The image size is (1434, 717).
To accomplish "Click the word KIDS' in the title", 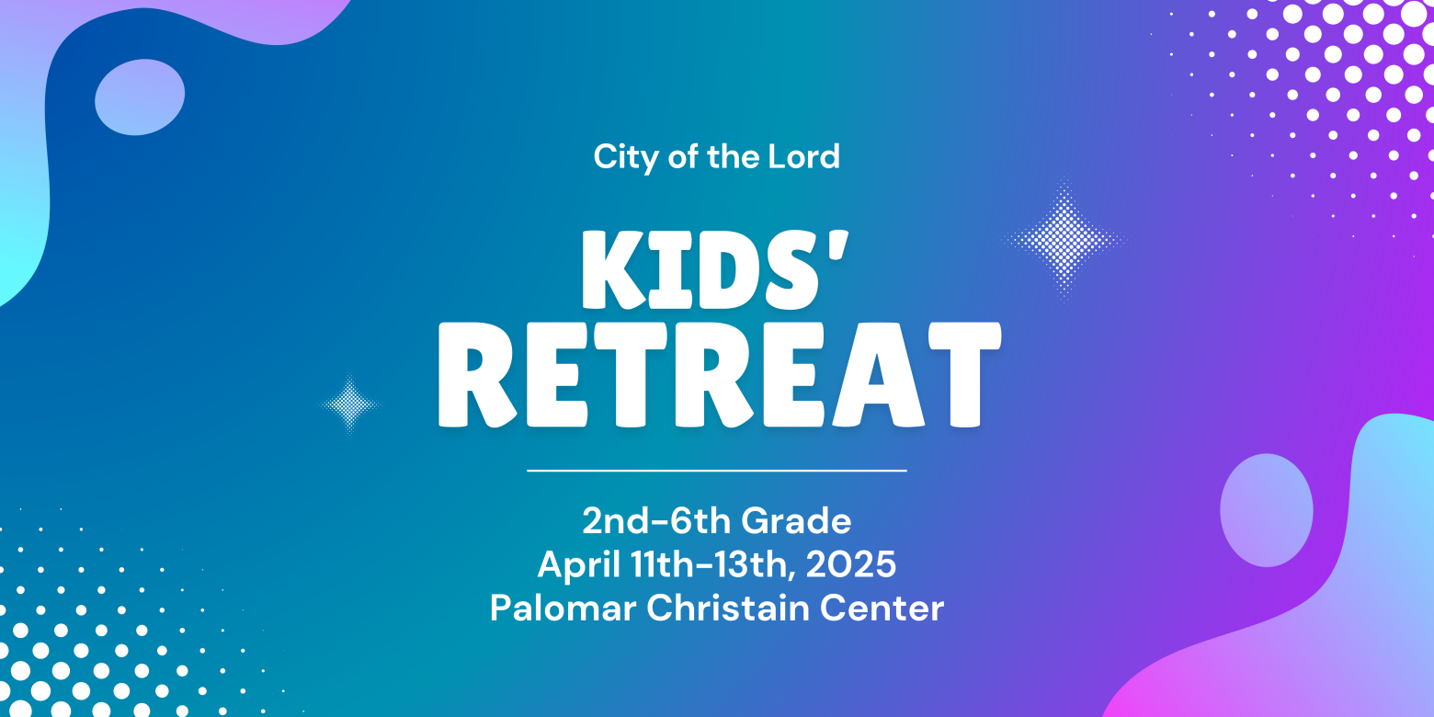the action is coord(715,270).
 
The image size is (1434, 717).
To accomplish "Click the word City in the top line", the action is coord(626,157).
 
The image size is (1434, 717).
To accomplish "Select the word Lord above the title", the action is coord(803,156).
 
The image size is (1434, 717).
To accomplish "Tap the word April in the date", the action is coord(579,564).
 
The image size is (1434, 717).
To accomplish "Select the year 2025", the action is coord(851,564).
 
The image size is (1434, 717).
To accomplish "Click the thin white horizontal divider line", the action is coord(717,471).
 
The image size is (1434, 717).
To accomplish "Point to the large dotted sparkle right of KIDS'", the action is coord(1064,241).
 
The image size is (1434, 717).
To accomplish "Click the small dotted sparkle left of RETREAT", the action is coord(349,404).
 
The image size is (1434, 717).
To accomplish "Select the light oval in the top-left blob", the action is coord(140,97).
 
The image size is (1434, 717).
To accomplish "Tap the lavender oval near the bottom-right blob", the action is coord(1267,510).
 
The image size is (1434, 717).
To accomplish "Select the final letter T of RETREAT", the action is coord(966,374).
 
